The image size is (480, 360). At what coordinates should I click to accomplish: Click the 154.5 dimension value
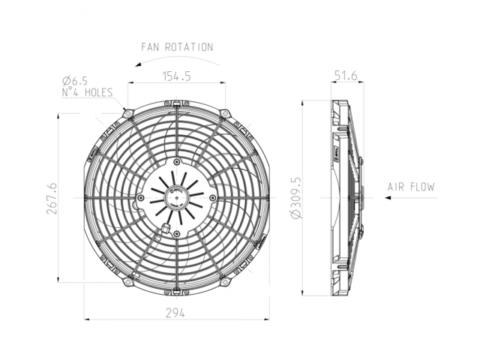[x=177, y=76]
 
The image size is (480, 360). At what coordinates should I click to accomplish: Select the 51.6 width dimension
[x=346, y=75]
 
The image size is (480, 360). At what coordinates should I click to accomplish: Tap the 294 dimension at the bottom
[x=175, y=313]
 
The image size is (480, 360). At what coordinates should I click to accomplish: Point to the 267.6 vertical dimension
[x=51, y=199]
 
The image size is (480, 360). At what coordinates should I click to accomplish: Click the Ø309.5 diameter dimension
[x=296, y=198]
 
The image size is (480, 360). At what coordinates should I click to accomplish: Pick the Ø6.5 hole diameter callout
[x=75, y=81]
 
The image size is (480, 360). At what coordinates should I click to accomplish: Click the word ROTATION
[x=189, y=47]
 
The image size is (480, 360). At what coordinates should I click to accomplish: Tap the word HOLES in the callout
[x=98, y=92]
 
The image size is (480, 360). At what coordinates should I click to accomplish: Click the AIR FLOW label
[x=411, y=187]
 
